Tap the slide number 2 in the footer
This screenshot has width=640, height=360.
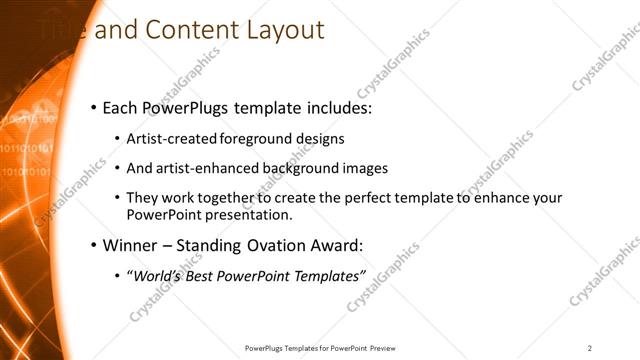click(590, 348)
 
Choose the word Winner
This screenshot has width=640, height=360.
click(131, 245)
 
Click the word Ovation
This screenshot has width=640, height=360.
click(269, 245)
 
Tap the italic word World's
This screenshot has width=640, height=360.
click(154, 275)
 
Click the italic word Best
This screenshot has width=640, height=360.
click(199, 275)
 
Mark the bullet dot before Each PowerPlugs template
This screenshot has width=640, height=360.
click(93, 107)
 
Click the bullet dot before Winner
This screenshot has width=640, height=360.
click(93, 245)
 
